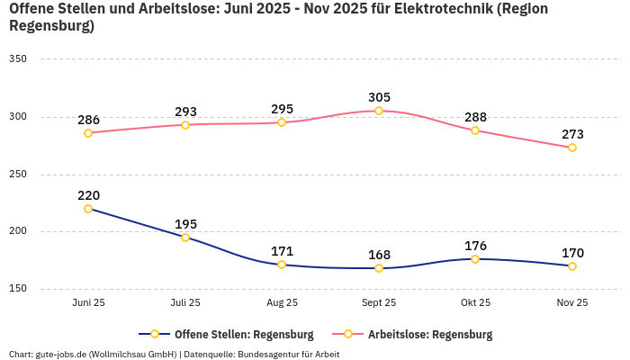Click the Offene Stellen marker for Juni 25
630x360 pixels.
point(88,209)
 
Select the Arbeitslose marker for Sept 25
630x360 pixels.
point(379,111)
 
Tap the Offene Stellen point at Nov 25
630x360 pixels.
point(572,266)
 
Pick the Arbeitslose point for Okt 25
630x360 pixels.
point(475,130)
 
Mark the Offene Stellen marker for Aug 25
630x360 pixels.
point(282,265)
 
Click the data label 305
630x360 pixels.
point(379,97)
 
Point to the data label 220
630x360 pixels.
point(88,195)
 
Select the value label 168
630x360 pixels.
point(379,255)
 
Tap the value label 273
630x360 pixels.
point(572,134)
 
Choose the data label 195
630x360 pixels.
point(185,224)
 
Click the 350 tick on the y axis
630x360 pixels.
point(18,59)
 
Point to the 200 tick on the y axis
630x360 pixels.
point(18,231)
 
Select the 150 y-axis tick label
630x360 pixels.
point(18,289)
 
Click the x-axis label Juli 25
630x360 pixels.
point(185,303)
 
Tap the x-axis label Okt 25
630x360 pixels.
point(475,303)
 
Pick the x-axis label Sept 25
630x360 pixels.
point(379,303)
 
